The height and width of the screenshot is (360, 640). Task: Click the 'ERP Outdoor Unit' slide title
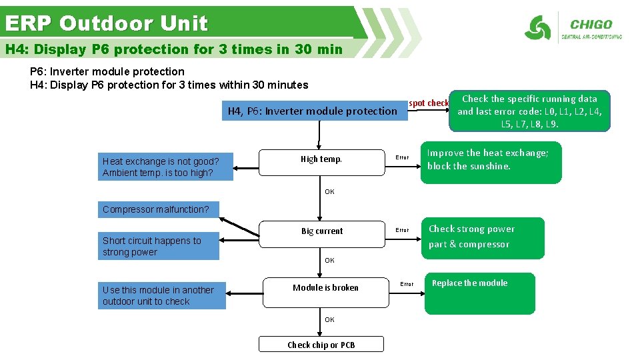[x=107, y=23]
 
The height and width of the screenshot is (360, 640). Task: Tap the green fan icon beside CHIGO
[x=537, y=28]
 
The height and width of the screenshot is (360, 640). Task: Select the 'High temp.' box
[x=321, y=159]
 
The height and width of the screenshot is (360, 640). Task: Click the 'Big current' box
[x=322, y=231]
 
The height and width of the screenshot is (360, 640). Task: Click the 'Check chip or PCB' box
[x=321, y=344]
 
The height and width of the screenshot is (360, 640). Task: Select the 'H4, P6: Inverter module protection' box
[x=313, y=111]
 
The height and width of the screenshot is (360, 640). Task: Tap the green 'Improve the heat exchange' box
[x=491, y=162]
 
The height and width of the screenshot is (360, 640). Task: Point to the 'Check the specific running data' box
[x=529, y=111]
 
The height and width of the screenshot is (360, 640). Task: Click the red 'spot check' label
[x=429, y=103]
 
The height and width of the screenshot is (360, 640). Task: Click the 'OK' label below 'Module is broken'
[x=329, y=320]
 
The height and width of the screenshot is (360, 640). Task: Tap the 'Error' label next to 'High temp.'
[x=402, y=158]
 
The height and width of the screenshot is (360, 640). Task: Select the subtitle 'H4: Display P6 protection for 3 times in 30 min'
[x=173, y=49]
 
